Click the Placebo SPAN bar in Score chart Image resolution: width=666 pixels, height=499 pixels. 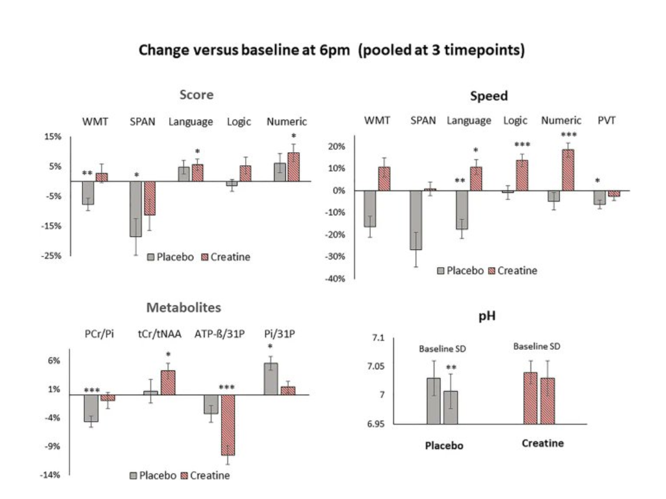(x=135, y=209)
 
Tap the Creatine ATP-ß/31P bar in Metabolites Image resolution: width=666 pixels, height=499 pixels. (x=228, y=425)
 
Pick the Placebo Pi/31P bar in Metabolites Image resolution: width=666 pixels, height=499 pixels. (x=271, y=379)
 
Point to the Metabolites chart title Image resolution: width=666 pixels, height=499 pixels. (x=184, y=307)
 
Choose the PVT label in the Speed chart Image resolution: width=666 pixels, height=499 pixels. (x=606, y=120)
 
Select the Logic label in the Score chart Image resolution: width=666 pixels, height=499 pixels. (x=239, y=122)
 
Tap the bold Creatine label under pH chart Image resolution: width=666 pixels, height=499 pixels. (x=542, y=443)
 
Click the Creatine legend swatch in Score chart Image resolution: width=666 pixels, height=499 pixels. (x=206, y=257)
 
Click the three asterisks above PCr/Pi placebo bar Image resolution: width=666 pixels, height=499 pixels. (x=91, y=390)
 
